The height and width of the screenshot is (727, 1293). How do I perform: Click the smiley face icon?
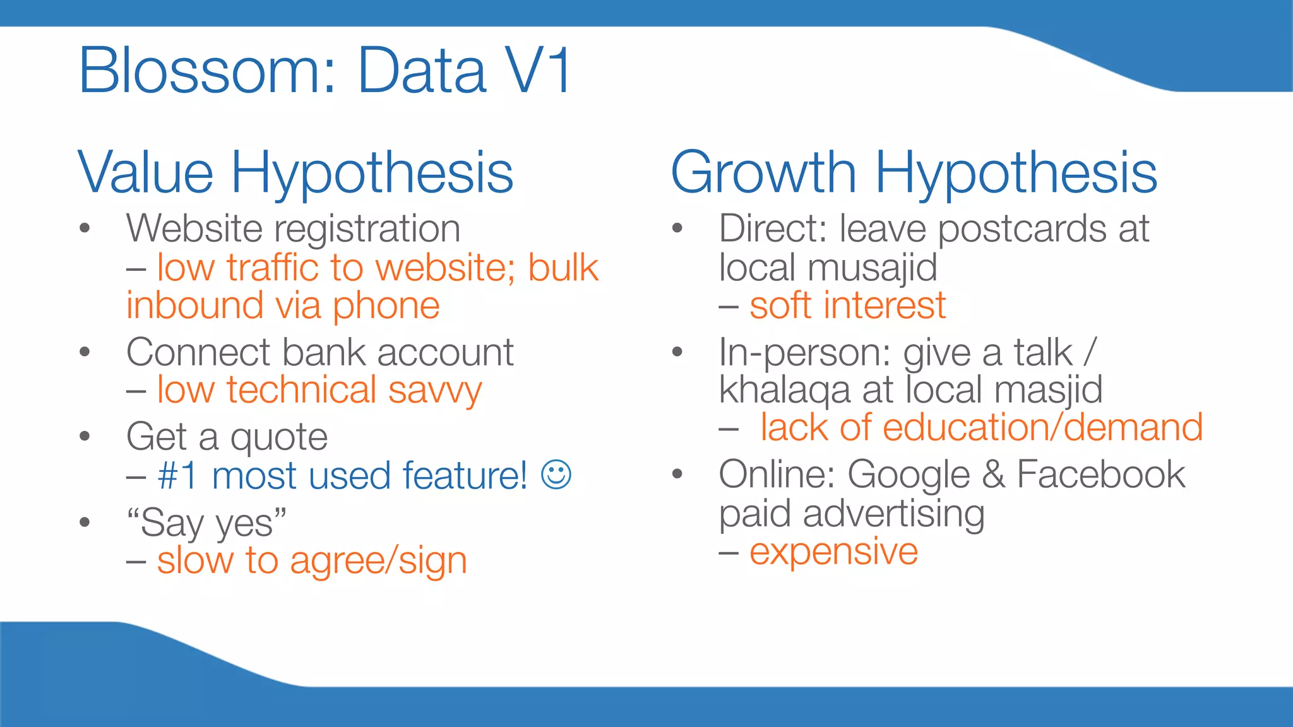click(x=556, y=475)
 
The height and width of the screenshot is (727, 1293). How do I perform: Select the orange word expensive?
click(x=833, y=552)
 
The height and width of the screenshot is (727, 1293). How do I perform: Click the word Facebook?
click(x=1101, y=475)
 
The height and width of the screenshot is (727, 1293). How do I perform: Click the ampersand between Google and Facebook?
click(x=993, y=475)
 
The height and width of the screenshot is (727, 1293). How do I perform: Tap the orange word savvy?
click(x=435, y=391)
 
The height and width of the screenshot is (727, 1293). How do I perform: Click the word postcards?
click(x=1022, y=228)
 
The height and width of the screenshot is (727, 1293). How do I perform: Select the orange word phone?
click(x=386, y=307)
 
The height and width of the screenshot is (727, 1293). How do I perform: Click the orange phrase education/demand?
click(x=1042, y=427)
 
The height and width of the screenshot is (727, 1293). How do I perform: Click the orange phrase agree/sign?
click(x=378, y=561)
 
